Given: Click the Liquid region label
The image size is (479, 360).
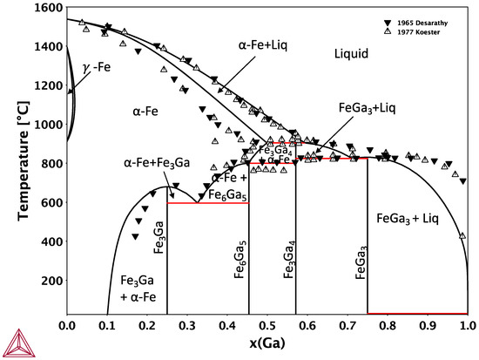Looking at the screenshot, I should coord(353,54).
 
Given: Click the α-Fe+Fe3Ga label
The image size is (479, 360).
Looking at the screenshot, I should coord(158,163).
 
